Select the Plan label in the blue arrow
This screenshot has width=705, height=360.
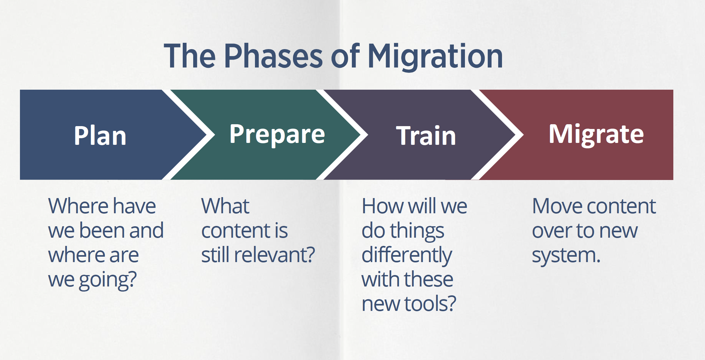[x=100, y=136]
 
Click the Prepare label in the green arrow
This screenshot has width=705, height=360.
[x=277, y=134]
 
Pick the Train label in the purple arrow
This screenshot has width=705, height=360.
[x=426, y=136]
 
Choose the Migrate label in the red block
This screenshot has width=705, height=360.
[x=596, y=134]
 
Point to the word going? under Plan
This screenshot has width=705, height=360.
[x=108, y=280]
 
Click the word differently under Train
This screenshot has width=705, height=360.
[x=407, y=255]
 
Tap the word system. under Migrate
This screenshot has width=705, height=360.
[x=566, y=255]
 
